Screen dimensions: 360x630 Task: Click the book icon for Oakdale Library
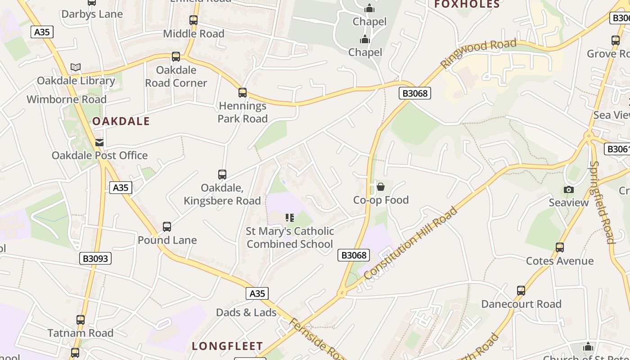pyautogui.click(x=76, y=67)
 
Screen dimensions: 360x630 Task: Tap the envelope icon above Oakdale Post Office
pyautogui.click(x=99, y=143)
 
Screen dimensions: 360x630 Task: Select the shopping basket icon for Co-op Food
pyautogui.click(x=381, y=186)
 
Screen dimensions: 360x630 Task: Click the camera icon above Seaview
pyautogui.click(x=569, y=189)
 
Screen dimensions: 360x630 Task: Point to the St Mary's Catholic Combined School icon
pyautogui.click(x=290, y=218)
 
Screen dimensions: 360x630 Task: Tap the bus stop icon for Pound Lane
pyautogui.click(x=167, y=227)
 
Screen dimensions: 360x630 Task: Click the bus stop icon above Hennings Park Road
pyautogui.click(x=243, y=93)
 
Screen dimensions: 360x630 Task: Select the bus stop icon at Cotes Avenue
pyautogui.click(x=560, y=247)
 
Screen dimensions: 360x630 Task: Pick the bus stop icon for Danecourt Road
pyautogui.click(x=521, y=291)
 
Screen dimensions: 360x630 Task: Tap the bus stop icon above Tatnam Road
pyautogui.click(x=81, y=320)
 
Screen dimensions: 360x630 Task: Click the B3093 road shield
pyautogui.click(x=96, y=258)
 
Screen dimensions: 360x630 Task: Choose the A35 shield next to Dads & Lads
pyautogui.click(x=257, y=293)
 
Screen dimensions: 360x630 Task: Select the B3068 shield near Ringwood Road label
pyautogui.click(x=415, y=93)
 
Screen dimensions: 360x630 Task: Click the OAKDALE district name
pyautogui.click(x=121, y=121)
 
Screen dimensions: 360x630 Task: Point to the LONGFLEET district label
pyautogui.click(x=227, y=346)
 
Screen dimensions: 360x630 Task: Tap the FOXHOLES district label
pyautogui.click(x=467, y=4)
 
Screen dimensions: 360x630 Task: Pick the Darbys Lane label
pyautogui.click(x=92, y=14)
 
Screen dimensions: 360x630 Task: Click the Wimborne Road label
pyautogui.click(x=67, y=99)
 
